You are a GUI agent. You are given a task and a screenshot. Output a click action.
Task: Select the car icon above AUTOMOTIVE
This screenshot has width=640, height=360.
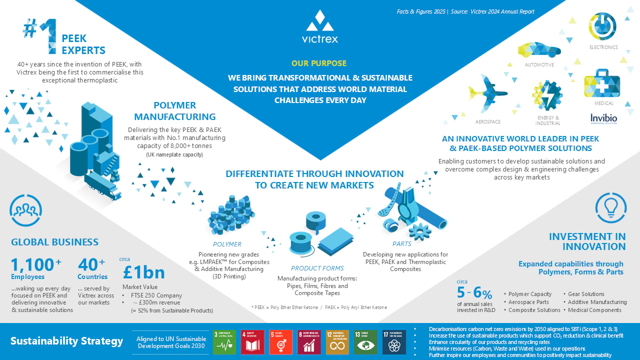pos(539,50)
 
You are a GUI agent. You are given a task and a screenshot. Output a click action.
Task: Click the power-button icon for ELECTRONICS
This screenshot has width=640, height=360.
pos(602,26)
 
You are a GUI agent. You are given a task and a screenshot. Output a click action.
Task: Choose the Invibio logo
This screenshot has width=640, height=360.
pos(603,118)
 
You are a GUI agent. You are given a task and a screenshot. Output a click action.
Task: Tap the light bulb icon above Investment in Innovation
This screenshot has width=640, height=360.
pos(610,206)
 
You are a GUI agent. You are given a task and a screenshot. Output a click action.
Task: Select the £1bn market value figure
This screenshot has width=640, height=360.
pos(143,272)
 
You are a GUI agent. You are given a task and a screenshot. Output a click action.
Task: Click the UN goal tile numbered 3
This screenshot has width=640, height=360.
pos(224,342)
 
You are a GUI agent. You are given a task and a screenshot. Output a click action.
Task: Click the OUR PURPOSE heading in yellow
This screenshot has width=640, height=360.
pos(319,63)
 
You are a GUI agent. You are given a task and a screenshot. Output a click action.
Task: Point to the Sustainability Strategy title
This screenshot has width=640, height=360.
pos(66,341)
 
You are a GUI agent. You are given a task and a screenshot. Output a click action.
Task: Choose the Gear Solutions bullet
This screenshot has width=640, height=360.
pos(586,294)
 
